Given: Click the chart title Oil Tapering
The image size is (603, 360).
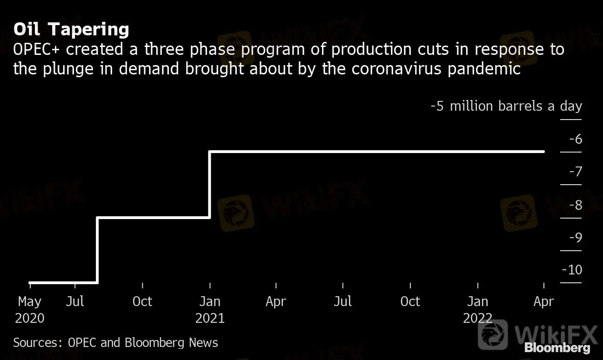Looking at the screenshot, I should pos(71,29).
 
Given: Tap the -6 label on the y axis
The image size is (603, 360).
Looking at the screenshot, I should pos(575,139).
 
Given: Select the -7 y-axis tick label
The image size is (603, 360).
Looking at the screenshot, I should pos(575,172).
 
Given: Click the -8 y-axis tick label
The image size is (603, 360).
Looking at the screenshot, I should pos(575,205).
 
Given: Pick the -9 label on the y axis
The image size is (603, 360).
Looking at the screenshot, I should pos(575,237).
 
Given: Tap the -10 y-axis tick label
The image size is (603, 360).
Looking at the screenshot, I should pos(572,270).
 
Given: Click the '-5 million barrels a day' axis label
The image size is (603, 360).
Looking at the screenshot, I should pos(506,106).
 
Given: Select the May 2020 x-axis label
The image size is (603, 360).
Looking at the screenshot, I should pos(30,310).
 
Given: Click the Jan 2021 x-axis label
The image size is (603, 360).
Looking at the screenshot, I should pos(210,310).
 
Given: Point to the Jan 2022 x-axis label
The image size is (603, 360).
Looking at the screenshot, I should pos(478,310).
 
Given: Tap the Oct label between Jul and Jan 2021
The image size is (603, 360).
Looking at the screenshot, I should pos(142,302).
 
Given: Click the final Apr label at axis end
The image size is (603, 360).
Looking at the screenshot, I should pos(544,302).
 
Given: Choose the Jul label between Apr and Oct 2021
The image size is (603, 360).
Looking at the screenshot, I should pos(343,302).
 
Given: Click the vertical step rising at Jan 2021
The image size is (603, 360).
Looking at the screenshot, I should pos(210,184).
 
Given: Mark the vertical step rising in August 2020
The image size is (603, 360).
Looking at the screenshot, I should pos(97,250).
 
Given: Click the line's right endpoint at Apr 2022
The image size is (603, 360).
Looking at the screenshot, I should pos(543,152).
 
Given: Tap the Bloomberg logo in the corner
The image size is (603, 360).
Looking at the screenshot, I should pos(557,347).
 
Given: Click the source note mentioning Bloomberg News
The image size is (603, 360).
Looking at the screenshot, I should pos(115,343).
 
